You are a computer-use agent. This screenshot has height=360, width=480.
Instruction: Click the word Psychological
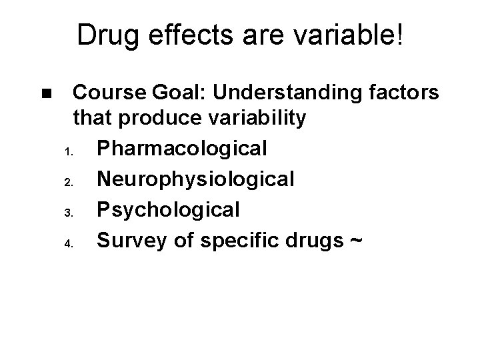[x=167, y=209]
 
